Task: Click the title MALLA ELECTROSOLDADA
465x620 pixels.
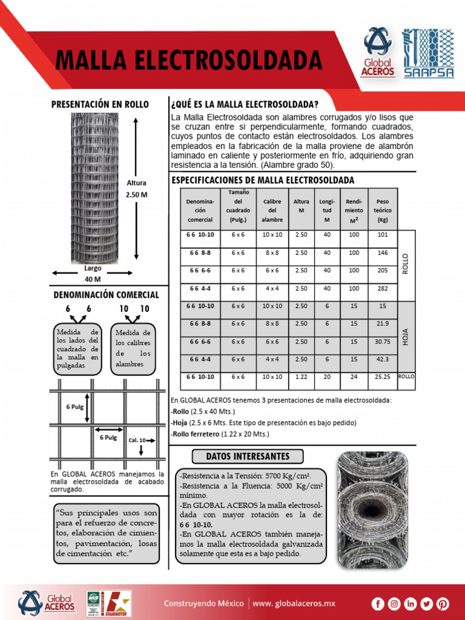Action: click(188, 61)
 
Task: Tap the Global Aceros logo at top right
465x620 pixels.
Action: click(378, 53)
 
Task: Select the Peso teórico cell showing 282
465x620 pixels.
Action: click(382, 288)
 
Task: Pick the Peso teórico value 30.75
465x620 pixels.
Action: click(382, 341)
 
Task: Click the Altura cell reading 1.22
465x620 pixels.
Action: click(301, 377)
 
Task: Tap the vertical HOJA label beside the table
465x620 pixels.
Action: click(406, 336)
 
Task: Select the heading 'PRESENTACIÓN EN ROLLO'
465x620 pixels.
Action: click(100, 104)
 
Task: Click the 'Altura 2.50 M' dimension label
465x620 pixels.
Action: click(136, 188)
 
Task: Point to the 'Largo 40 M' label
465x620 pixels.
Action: click(93, 273)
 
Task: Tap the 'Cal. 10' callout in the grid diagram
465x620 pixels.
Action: click(137, 440)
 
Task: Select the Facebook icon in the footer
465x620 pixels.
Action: click(378, 603)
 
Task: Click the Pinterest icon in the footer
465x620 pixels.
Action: click(443, 603)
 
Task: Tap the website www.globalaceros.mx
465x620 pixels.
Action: click(294, 603)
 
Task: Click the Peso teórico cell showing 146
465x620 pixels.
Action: click(382, 252)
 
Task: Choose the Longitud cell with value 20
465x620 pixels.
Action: click(327, 377)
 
